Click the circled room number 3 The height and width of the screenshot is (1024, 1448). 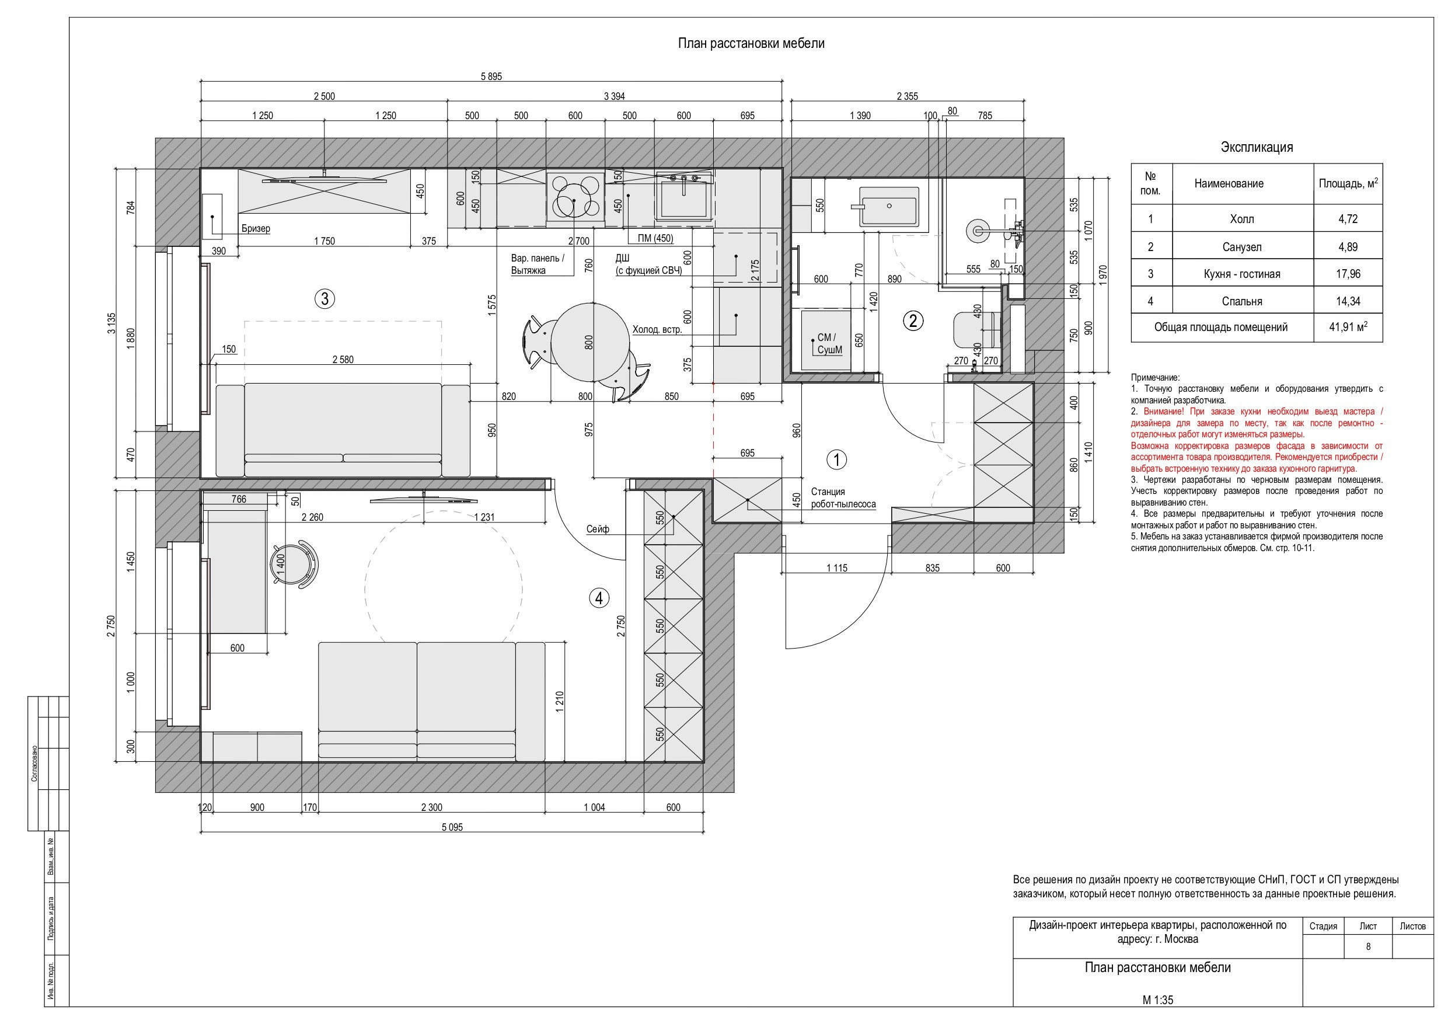coord(325,298)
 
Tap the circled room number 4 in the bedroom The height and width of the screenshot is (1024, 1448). coord(599,597)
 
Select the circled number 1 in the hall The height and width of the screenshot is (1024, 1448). coord(837,459)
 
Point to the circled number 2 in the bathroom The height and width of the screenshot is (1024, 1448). coord(913,321)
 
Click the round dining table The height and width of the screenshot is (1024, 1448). coord(591,343)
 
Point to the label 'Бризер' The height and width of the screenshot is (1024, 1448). coord(256,228)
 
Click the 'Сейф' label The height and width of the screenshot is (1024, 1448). coord(597,530)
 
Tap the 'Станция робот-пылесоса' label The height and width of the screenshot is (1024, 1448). coord(843,498)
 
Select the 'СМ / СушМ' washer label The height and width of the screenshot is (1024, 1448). coord(829,344)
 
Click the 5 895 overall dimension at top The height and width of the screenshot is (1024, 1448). coord(491,76)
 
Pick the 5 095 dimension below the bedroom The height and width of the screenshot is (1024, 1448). coord(452,827)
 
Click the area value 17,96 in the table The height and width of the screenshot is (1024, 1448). coord(1348,274)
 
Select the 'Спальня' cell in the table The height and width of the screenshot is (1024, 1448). coord(1242,301)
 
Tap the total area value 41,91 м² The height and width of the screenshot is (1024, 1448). coord(1348,327)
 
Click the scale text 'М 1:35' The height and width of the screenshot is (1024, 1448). coord(1158,1000)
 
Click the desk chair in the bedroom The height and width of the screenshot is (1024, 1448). coord(295,563)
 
